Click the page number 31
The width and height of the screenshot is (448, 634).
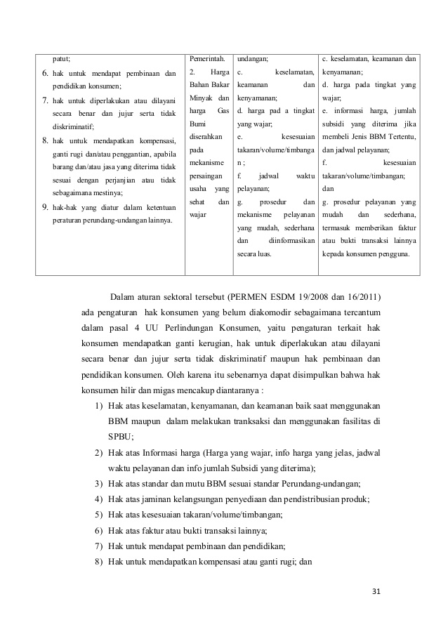coord(376,591)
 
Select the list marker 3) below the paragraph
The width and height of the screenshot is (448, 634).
coord(98,484)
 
